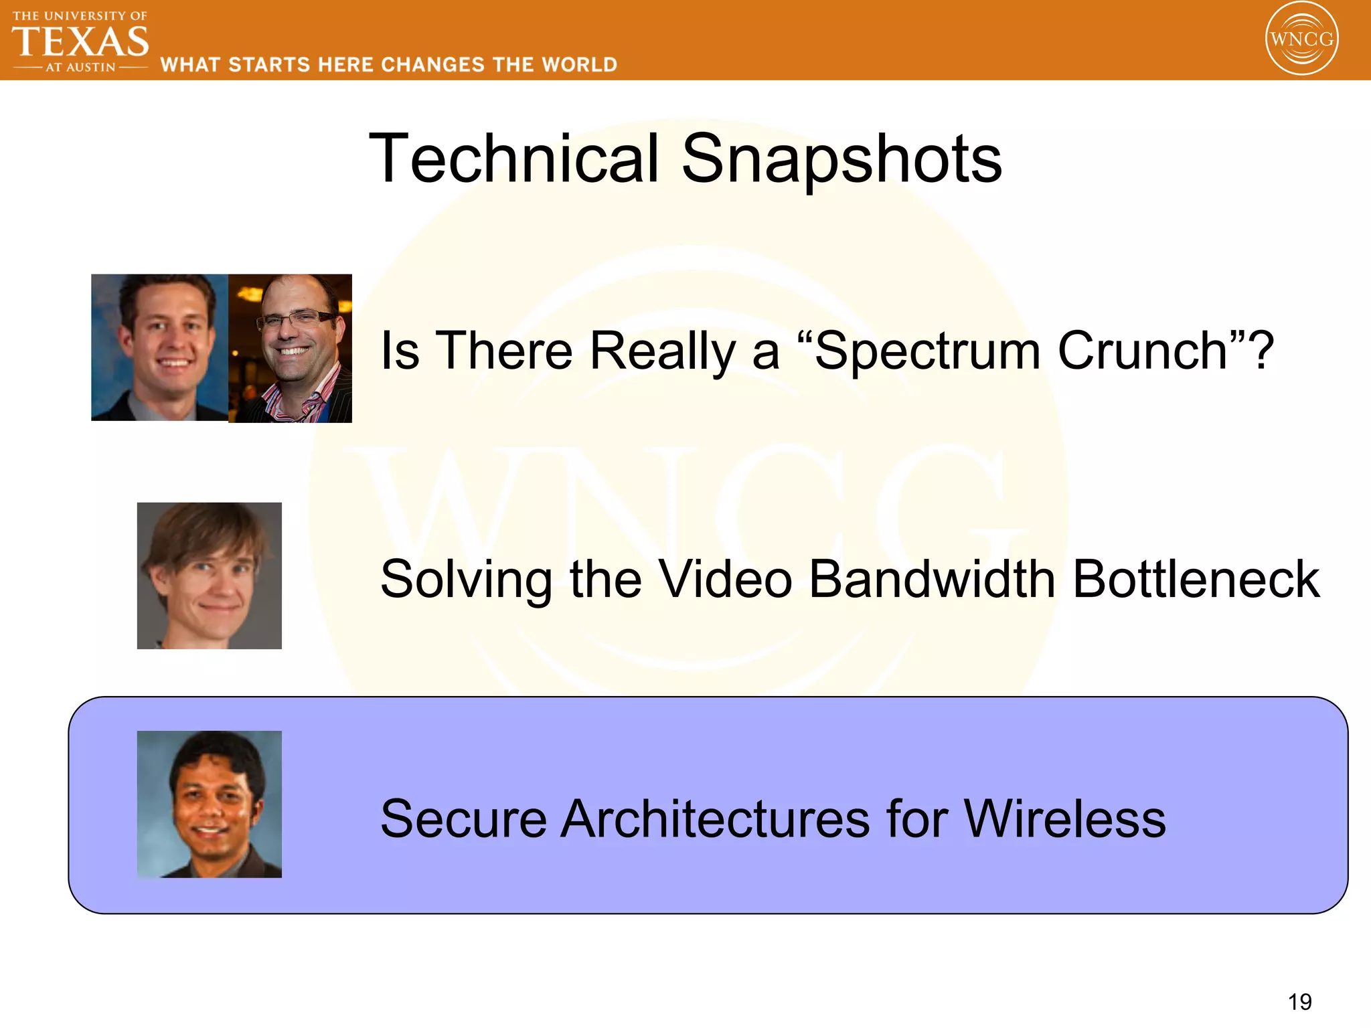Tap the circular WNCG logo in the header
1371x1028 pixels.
(x=1301, y=39)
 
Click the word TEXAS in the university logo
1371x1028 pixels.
(x=80, y=41)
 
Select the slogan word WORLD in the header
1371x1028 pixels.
(x=579, y=65)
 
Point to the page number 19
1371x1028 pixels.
(x=1299, y=1002)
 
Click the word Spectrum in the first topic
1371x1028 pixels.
(x=927, y=351)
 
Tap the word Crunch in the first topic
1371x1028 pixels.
(x=1151, y=351)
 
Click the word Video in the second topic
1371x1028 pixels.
(x=726, y=579)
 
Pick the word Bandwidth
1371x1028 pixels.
(x=932, y=579)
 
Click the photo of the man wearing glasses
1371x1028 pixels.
(x=290, y=348)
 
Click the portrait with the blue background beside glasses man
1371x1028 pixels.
(x=159, y=347)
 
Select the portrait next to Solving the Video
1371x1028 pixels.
(x=209, y=576)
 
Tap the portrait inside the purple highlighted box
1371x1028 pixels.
(x=209, y=804)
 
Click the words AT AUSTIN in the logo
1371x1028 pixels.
(x=80, y=68)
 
